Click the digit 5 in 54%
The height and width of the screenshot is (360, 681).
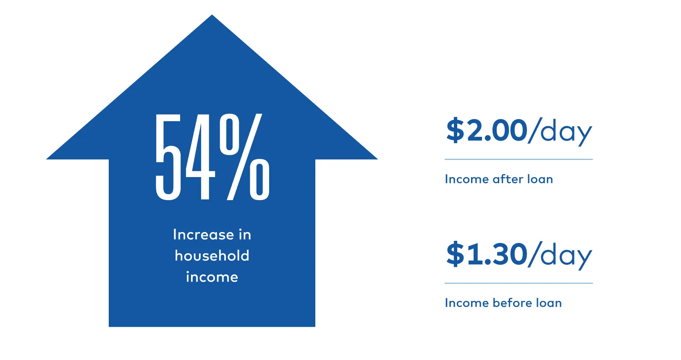168,157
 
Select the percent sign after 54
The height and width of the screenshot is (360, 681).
244,157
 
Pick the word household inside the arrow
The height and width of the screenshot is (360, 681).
212,256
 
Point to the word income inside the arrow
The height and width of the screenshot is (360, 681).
212,277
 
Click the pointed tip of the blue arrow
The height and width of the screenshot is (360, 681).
212,15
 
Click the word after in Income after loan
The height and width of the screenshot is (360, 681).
508,179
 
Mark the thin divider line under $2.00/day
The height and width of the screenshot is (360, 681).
519,159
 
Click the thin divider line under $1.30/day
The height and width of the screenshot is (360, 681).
519,283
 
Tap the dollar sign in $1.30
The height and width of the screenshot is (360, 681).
455,254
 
